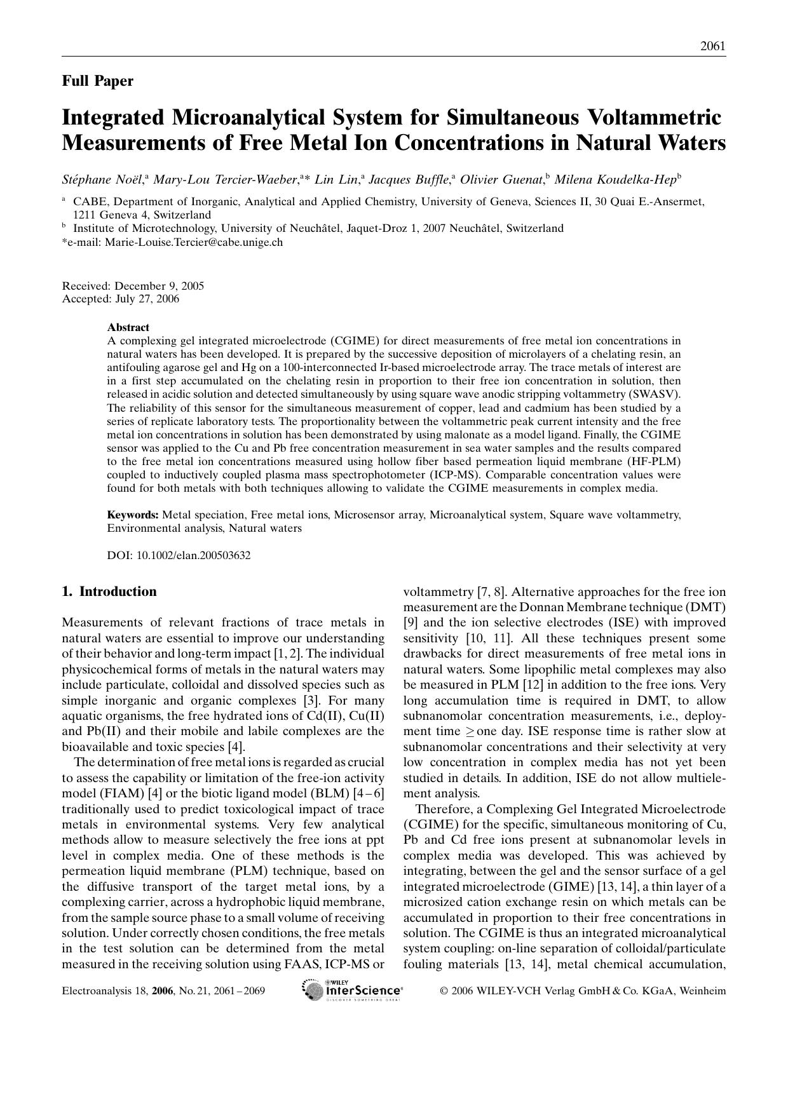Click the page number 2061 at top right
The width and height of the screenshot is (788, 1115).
point(712,46)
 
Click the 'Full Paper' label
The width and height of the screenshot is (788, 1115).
point(97,81)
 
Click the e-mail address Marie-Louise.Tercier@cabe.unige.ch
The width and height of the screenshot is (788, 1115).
point(193,242)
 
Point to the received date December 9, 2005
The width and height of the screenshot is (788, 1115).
point(159,286)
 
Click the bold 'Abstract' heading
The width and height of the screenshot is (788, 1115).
point(128,327)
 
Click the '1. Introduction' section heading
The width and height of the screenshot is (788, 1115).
point(109,591)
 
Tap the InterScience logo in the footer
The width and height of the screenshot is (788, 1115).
point(353,990)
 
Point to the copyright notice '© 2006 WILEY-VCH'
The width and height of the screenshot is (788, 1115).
point(502,990)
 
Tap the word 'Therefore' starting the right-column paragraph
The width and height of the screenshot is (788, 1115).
point(442,809)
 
